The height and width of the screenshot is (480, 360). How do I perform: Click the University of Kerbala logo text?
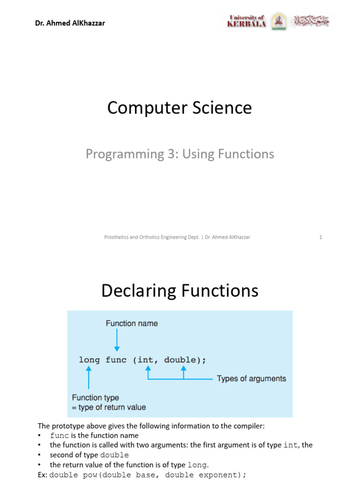pyautogui.click(x=247, y=21)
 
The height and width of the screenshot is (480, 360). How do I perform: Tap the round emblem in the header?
pyautogui.click(x=279, y=21)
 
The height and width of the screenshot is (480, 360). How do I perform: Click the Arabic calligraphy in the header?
pyautogui.click(x=311, y=21)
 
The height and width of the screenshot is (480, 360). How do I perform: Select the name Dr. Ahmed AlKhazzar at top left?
pyautogui.click(x=70, y=22)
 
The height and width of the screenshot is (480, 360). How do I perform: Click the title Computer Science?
pyautogui.click(x=180, y=108)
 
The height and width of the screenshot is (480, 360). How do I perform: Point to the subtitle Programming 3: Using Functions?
pyautogui.click(x=180, y=154)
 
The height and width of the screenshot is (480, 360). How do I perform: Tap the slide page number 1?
pyautogui.click(x=321, y=237)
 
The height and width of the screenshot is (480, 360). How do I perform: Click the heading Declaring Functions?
pyautogui.click(x=180, y=291)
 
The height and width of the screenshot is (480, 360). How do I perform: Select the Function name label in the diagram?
pyautogui.click(x=132, y=323)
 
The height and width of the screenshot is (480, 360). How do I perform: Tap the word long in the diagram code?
pyautogui.click(x=89, y=360)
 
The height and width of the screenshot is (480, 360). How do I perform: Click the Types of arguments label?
pyautogui.click(x=251, y=379)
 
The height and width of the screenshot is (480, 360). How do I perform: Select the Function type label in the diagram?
pyautogui.click(x=95, y=398)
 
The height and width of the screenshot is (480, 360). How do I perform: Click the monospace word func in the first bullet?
pyautogui.click(x=59, y=435)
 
